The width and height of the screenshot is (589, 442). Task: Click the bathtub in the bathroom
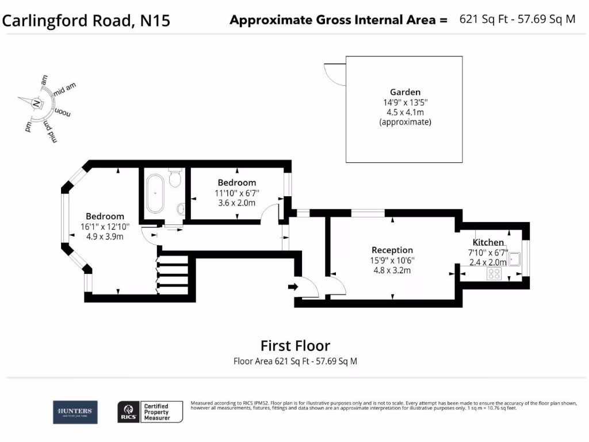(x=155, y=193)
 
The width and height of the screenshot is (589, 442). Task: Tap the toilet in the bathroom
(x=176, y=178)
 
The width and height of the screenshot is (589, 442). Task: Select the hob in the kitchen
(x=494, y=274)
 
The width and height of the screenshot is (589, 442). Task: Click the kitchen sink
(x=514, y=259)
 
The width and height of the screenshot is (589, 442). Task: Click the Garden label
(x=405, y=92)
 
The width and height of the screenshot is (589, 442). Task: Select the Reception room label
(x=392, y=250)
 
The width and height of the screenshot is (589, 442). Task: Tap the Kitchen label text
(x=488, y=242)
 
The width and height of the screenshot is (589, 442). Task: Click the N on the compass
(x=36, y=104)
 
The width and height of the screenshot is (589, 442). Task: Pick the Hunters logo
(x=75, y=411)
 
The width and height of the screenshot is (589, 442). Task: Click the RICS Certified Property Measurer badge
(x=150, y=412)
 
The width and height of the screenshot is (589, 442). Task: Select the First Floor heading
(x=295, y=345)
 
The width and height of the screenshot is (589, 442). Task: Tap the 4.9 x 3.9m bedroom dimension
(x=105, y=237)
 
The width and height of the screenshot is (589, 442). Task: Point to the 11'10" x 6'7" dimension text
(x=237, y=193)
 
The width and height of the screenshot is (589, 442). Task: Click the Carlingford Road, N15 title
(x=87, y=21)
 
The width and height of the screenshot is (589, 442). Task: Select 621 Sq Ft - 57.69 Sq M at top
(x=517, y=19)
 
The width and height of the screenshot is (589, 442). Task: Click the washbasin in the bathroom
(x=182, y=208)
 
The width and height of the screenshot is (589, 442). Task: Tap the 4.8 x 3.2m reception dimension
(x=392, y=270)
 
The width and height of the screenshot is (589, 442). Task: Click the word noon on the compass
(x=63, y=112)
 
